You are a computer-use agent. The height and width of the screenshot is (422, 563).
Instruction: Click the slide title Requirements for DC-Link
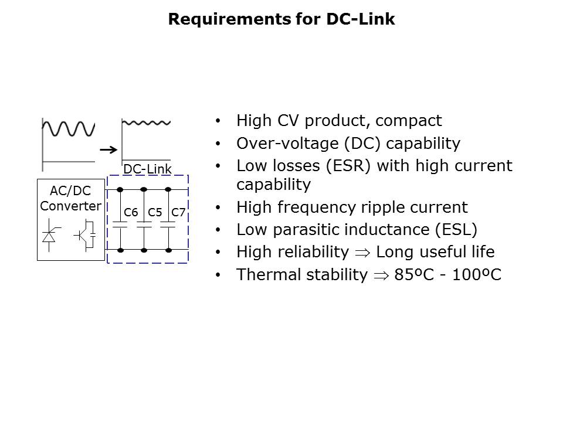[x=281, y=19]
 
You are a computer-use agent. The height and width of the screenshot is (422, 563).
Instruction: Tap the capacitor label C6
[x=131, y=212]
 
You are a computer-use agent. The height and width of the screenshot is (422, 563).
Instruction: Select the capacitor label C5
[x=155, y=212]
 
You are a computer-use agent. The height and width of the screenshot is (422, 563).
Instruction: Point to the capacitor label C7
[x=178, y=212]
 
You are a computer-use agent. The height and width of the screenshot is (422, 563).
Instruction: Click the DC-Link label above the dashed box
[x=147, y=169]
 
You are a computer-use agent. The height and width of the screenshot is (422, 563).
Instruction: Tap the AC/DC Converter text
[x=70, y=199]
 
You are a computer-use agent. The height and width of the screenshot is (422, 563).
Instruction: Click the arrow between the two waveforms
[x=107, y=150]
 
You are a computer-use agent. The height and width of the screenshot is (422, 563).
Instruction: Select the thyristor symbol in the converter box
[x=49, y=235]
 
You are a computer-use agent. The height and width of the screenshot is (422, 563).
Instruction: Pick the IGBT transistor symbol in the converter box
[x=86, y=234]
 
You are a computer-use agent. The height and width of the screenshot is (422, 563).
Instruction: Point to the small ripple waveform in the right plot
[x=147, y=123]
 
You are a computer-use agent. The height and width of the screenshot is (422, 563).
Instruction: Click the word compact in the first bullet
[x=409, y=121]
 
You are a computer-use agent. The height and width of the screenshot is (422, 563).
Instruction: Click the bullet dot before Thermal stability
[x=219, y=275]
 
